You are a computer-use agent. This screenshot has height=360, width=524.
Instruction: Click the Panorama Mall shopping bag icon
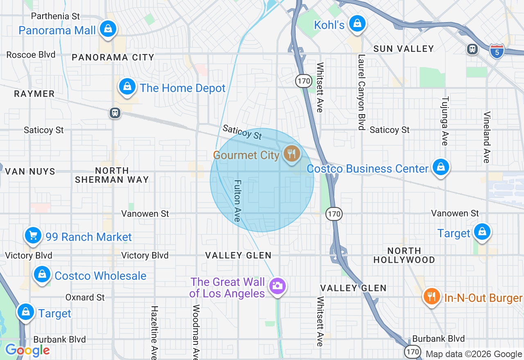108,29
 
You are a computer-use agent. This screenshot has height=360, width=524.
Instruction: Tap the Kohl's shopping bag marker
357,24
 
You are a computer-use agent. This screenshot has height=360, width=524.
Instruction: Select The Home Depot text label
183,88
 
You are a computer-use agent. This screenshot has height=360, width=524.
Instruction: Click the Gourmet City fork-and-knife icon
291,154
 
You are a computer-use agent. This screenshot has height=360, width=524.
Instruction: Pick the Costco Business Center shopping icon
440,167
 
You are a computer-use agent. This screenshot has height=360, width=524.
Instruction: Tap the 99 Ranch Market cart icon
33,236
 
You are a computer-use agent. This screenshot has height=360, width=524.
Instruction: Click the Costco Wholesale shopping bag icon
42,274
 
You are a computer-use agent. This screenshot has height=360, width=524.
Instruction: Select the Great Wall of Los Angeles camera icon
277,286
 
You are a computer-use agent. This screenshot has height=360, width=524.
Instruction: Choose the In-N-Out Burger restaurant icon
431,296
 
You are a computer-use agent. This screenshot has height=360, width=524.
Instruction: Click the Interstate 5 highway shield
497,52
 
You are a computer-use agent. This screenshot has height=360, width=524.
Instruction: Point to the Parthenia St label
56,16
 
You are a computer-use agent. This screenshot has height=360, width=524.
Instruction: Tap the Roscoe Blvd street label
31,55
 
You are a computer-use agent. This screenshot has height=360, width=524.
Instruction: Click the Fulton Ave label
237,201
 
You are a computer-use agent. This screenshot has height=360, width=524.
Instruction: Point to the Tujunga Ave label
445,121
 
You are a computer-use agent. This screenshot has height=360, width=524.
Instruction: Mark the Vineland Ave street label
487,137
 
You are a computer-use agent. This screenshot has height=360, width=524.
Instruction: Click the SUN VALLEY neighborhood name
403,49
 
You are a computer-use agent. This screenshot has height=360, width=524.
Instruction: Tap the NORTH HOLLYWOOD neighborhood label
404,255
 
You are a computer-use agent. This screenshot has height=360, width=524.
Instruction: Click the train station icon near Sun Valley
472,49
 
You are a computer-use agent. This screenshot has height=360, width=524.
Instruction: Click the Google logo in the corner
27,350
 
